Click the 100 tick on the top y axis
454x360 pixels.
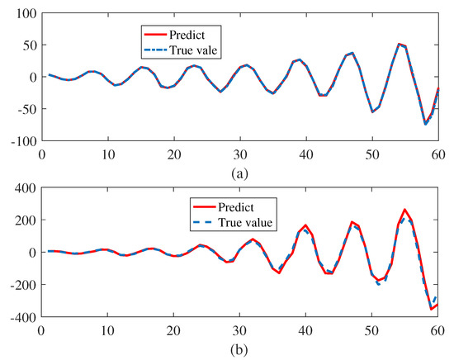[x=21, y=13]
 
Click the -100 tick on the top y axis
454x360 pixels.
[x=19, y=141]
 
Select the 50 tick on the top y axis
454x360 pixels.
[x=25, y=45]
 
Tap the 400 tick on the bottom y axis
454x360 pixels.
[x=21, y=189]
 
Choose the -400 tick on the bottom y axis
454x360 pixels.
[x=19, y=317]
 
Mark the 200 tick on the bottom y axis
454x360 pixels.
[x=21, y=220]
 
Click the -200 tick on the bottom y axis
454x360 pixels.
[x=19, y=285]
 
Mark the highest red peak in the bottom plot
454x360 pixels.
[x=405, y=210]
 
